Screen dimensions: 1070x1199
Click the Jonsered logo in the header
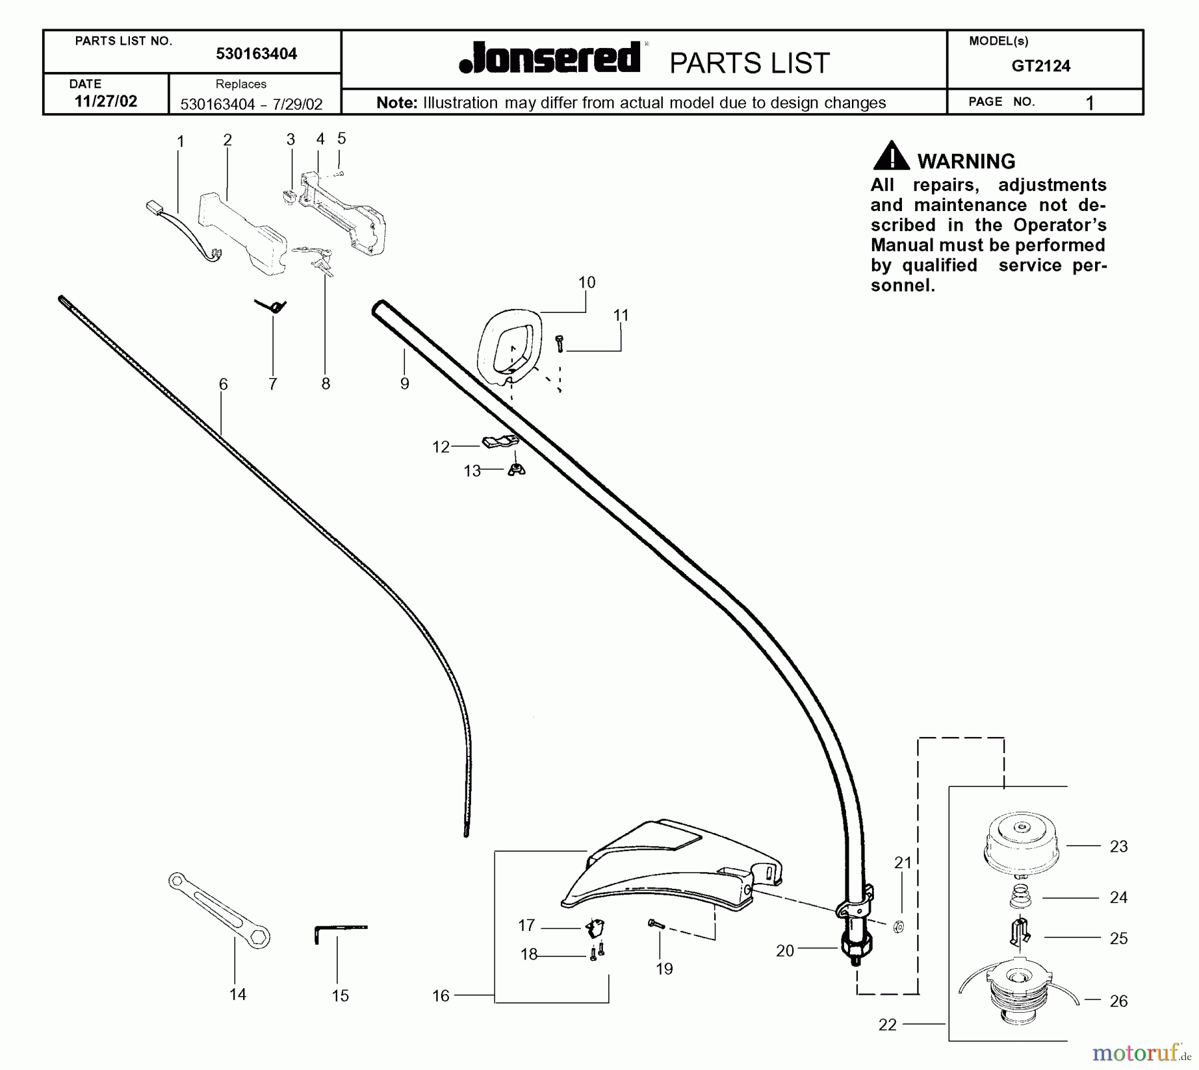[x=550, y=59]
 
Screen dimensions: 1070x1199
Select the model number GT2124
[x=1040, y=66]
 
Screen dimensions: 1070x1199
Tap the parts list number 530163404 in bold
[x=256, y=54]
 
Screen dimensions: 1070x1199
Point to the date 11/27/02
[x=106, y=101]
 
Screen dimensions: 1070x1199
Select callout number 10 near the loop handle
[x=586, y=282]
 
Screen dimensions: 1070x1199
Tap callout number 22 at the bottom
[x=887, y=1025]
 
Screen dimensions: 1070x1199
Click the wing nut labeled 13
[x=516, y=469]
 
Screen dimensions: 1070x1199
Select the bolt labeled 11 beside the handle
[x=560, y=344]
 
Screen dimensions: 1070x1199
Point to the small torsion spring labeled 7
[x=272, y=306]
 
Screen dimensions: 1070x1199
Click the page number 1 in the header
[x=1089, y=103]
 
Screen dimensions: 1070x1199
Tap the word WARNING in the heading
[x=966, y=161]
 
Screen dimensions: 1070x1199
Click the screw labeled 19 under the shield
[x=655, y=924]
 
